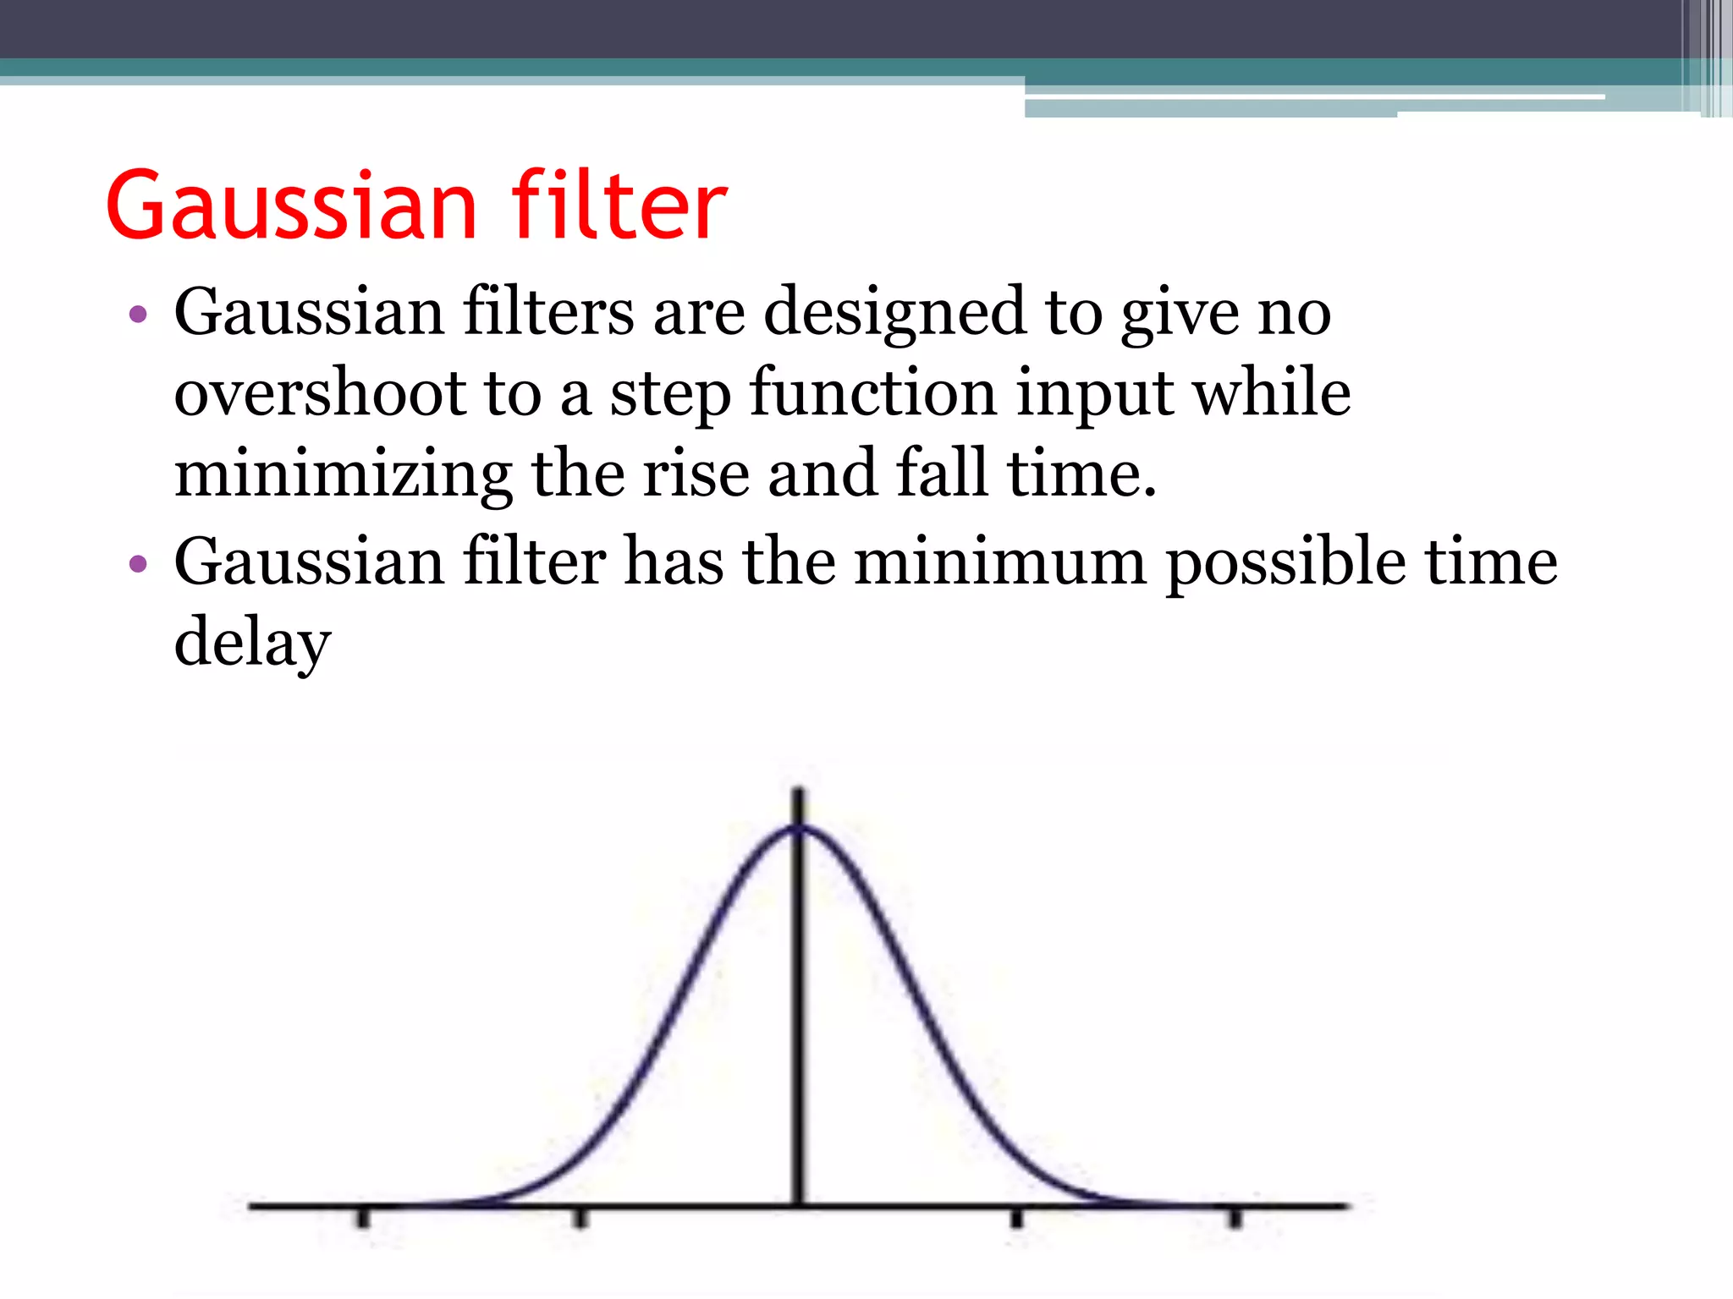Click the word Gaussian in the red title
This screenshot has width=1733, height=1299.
[x=292, y=206]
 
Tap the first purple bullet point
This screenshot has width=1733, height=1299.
[x=137, y=315]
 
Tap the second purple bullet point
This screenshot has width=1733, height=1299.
[x=137, y=564]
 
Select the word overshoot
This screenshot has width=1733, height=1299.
[x=320, y=393]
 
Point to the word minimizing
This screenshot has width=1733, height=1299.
[x=343, y=474]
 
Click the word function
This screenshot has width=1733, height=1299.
[x=872, y=393]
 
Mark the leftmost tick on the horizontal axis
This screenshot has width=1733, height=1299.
[x=363, y=1218]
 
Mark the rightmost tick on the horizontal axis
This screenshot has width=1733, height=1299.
[x=1235, y=1218]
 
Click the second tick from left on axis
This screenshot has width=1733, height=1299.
[x=579, y=1218]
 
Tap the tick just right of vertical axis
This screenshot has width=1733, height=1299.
[x=1016, y=1218]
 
